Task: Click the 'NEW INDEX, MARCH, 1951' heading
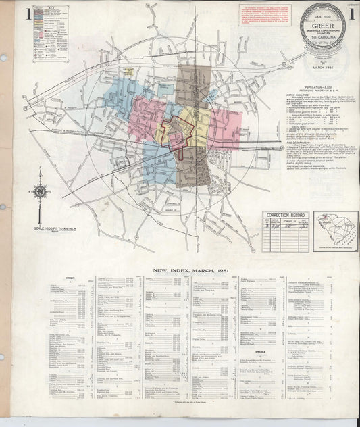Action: [x=189, y=271]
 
